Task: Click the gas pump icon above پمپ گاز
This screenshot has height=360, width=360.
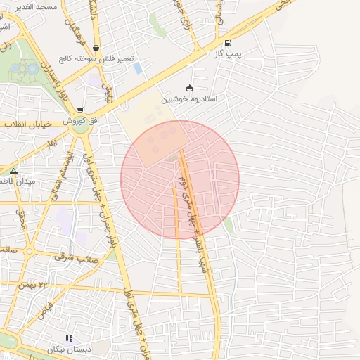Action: (227, 43)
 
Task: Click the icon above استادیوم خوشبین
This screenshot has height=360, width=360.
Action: (188, 88)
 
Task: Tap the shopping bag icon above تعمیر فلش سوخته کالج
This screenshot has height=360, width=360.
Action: (96, 48)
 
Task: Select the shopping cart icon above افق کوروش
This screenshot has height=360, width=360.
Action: (81, 110)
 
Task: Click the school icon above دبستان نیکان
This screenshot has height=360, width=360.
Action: (69, 338)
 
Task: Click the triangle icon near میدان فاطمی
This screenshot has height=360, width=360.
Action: (13, 170)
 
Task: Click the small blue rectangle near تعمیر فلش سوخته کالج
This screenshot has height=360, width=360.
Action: (138, 68)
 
